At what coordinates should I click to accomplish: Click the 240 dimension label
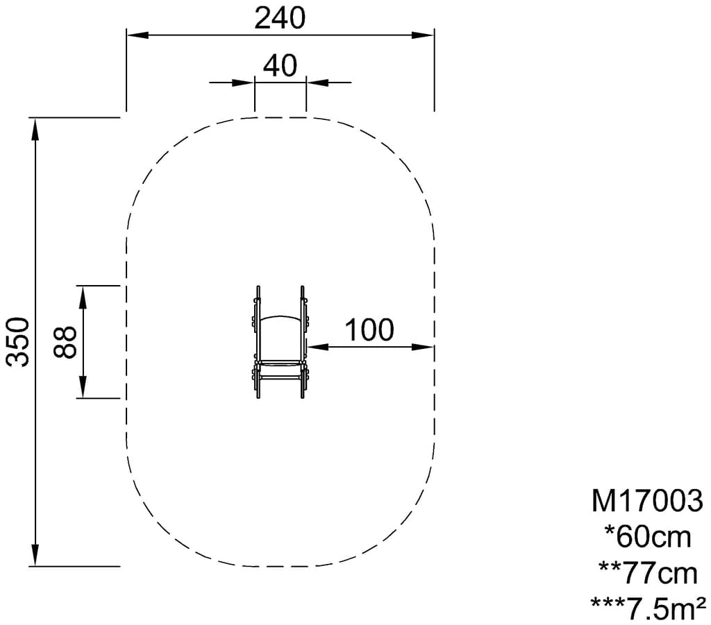click(x=280, y=19)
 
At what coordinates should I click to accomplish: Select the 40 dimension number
click(x=281, y=65)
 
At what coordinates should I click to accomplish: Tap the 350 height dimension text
click(x=18, y=341)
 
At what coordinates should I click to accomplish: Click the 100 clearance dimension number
click(x=369, y=329)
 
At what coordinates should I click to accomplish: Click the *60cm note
click(x=648, y=537)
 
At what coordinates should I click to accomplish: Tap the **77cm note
click(x=648, y=574)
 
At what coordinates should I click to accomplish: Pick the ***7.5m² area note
click(x=648, y=608)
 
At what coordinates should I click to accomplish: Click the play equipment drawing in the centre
click(x=281, y=342)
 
